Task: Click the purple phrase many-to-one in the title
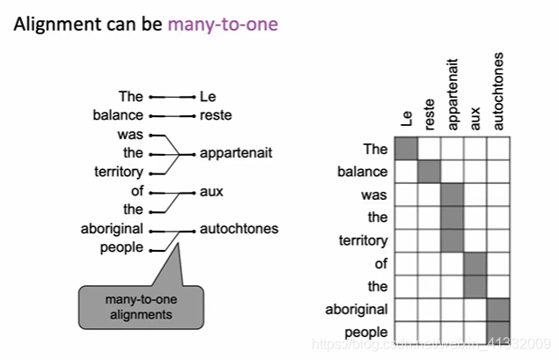223,24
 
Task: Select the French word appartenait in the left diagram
236,153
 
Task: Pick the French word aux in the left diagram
210,191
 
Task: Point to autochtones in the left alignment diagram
239,229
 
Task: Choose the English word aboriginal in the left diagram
112,229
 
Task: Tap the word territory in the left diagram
118,172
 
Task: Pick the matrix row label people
366,332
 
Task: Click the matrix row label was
374,195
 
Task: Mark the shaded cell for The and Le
407,149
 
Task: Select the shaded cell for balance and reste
430,172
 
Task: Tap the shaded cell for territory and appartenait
452,240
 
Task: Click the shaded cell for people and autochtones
498,332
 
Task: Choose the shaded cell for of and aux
475,263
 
